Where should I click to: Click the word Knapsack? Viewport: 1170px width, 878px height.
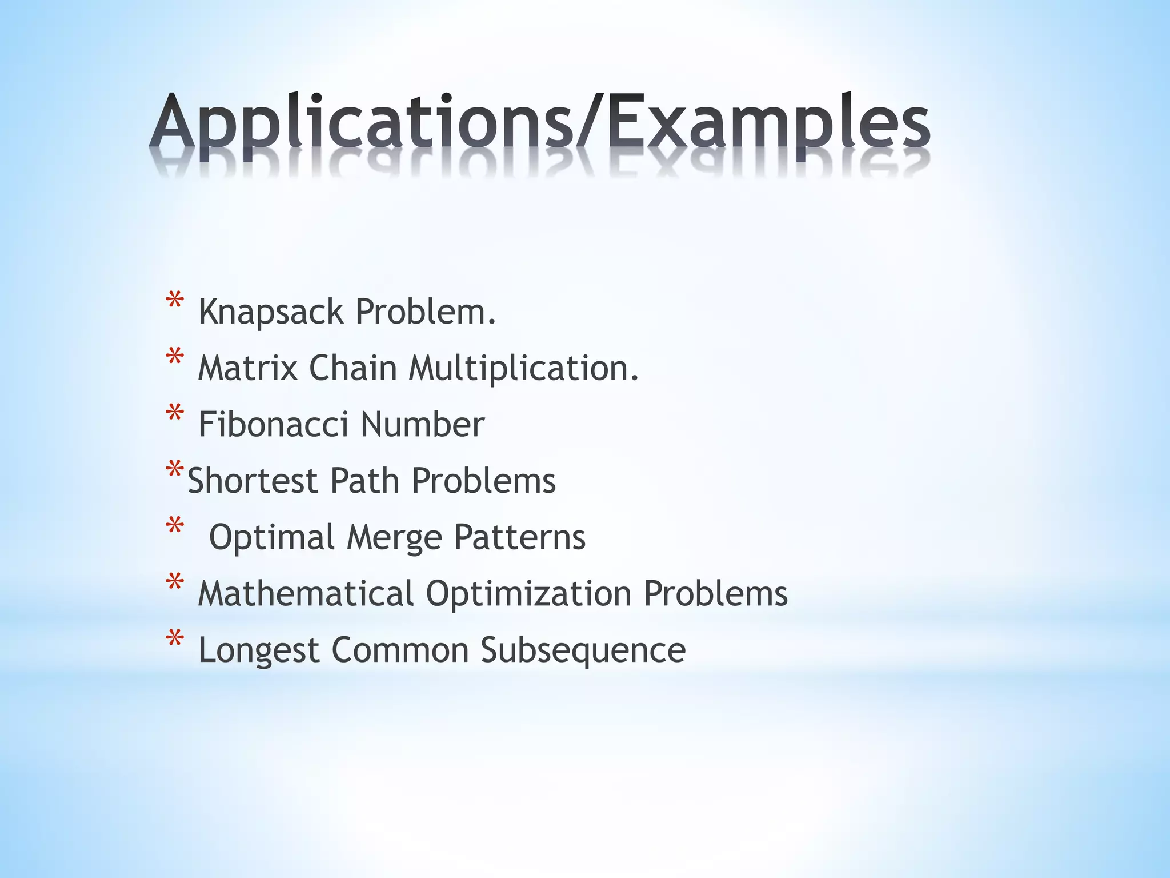coord(271,312)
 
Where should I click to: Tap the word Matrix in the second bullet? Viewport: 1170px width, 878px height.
coord(247,368)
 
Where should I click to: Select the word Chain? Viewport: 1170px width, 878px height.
coord(352,368)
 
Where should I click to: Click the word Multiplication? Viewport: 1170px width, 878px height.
coord(523,369)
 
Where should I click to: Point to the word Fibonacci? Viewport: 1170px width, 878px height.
coord(273,424)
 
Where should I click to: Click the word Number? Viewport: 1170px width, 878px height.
coord(422,424)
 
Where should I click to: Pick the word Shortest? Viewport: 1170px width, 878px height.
coord(253,481)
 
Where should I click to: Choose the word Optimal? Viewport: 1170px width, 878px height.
coord(271,538)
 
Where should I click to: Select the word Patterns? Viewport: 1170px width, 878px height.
coord(520,538)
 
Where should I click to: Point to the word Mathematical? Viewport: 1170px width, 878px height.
coord(306,593)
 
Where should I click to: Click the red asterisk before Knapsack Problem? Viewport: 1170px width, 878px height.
coord(174,301)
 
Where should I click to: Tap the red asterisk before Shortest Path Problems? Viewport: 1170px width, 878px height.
coord(174,470)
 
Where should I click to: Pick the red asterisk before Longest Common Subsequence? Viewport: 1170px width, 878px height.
coord(174,639)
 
